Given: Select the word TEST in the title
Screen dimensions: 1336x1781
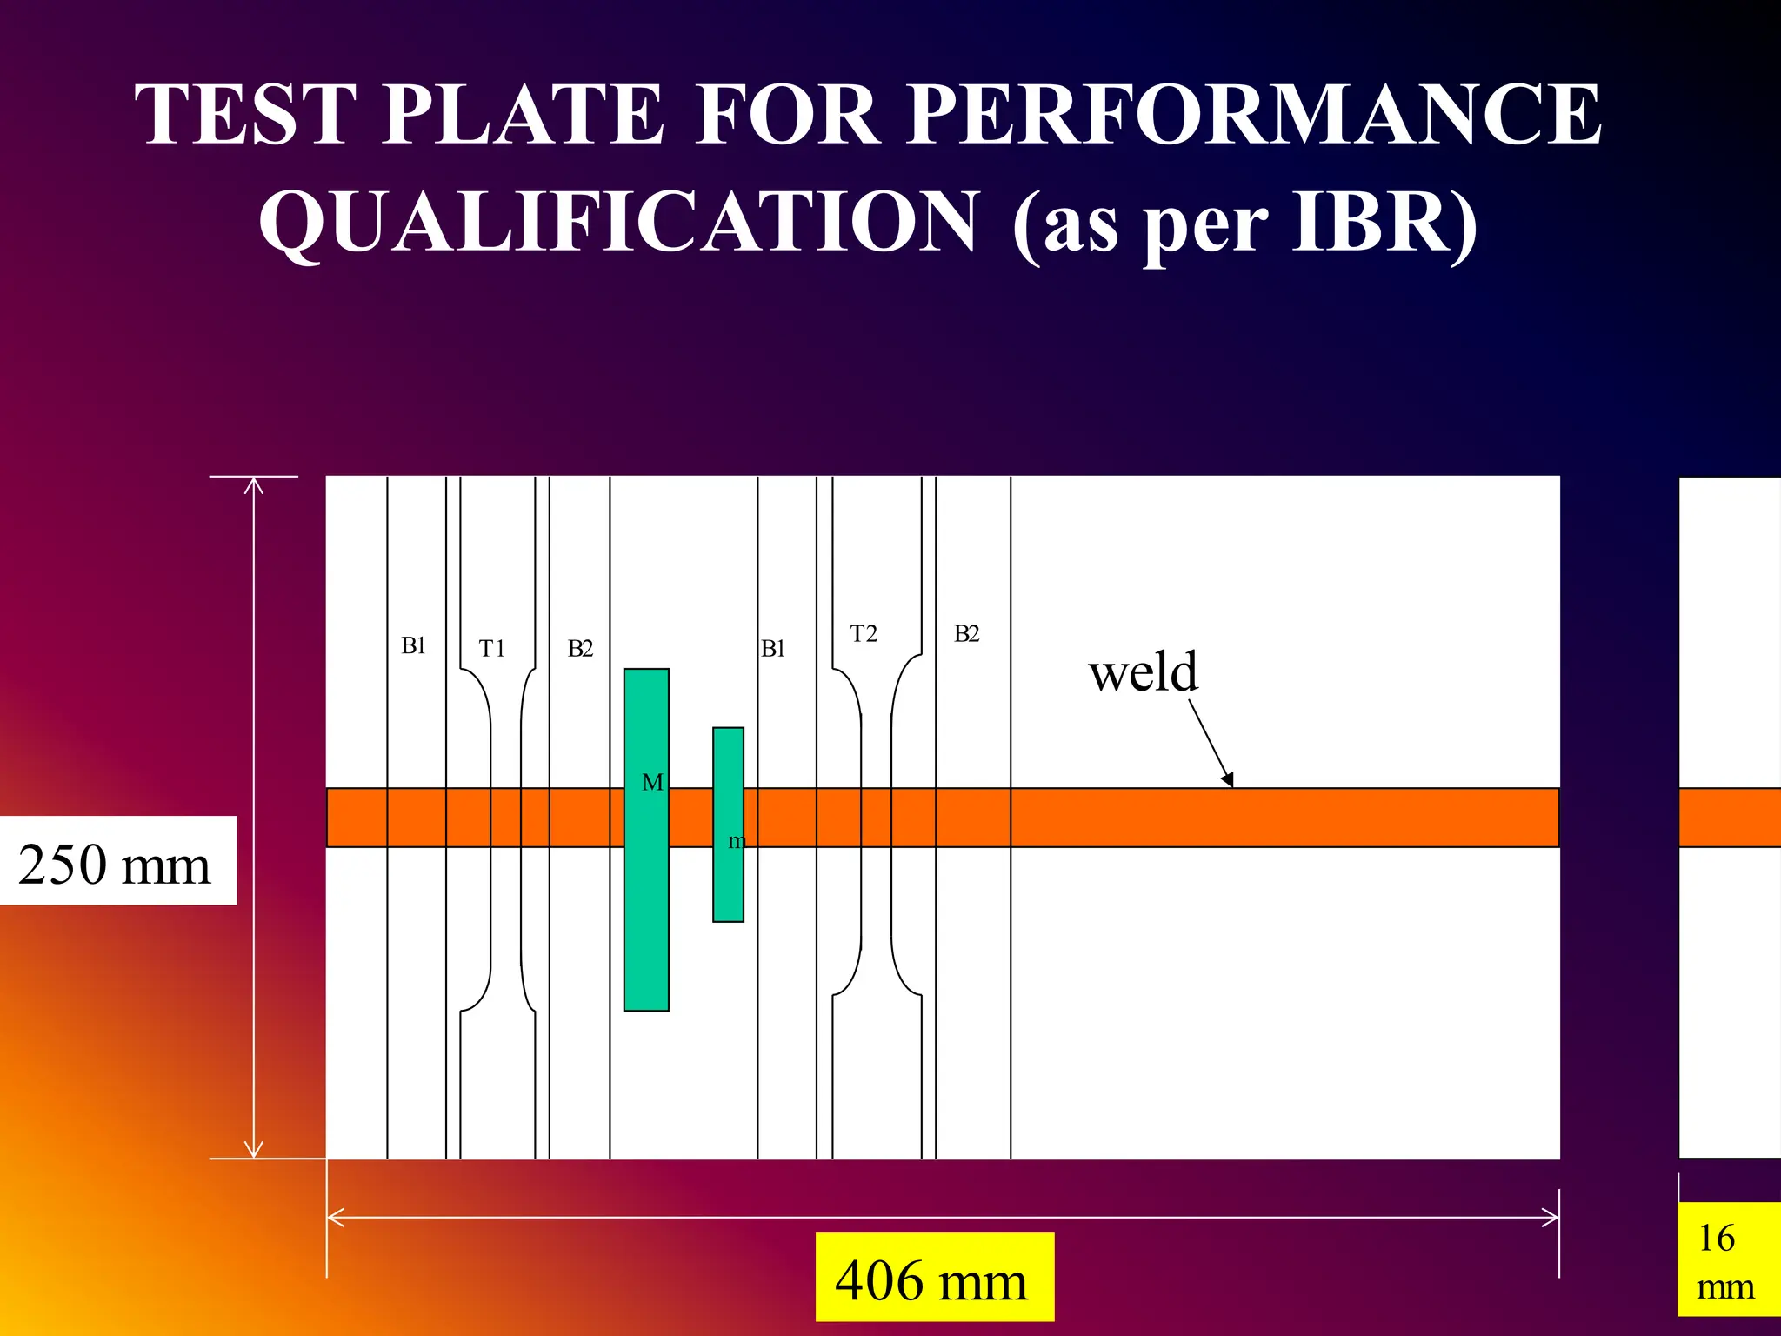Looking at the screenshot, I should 246,114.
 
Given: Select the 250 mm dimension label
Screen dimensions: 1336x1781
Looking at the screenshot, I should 115,864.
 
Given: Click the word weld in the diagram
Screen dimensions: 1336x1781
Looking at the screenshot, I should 1144,671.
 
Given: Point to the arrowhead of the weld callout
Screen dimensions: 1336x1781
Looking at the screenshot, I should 1228,780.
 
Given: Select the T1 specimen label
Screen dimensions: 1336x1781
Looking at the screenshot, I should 492,648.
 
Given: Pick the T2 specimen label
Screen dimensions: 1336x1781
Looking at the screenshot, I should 864,633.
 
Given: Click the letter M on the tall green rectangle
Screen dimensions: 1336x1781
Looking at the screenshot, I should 652,783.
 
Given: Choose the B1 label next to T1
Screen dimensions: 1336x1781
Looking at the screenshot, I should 413,645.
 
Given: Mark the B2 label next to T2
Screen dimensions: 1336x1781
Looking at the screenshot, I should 966,633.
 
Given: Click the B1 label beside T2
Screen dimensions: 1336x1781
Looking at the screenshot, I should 772,648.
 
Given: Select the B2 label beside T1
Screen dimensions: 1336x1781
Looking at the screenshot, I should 580,648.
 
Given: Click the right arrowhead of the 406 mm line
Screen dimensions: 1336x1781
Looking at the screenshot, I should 1552,1218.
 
